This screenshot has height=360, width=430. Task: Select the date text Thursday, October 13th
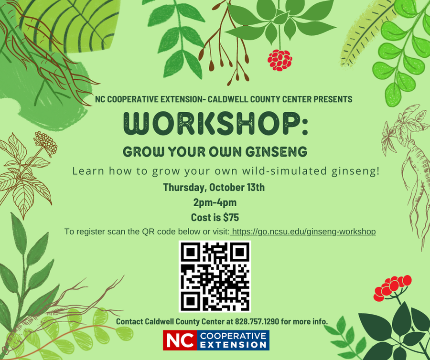click(214, 187)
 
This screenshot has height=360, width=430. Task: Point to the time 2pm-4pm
click(215, 202)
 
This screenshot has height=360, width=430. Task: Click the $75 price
click(231, 217)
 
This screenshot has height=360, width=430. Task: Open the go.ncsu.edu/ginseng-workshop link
click(303, 232)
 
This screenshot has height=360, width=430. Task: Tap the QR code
click(215, 276)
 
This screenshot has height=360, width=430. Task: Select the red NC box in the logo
click(179, 340)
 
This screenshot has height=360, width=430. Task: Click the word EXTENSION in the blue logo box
click(234, 344)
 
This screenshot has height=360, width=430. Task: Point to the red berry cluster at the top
click(279, 60)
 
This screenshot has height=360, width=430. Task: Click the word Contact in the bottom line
click(130, 321)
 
